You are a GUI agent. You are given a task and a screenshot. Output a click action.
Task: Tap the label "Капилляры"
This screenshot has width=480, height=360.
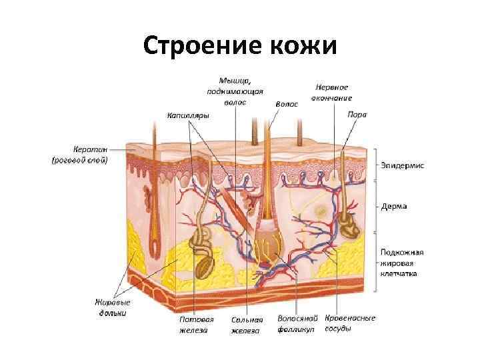(188, 115)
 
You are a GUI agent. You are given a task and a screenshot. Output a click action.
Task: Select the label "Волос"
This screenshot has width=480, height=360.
(287, 105)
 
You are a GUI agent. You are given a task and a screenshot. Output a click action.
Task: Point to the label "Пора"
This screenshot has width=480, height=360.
(357, 114)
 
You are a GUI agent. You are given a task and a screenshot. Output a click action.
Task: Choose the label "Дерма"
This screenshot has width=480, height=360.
(395, 206)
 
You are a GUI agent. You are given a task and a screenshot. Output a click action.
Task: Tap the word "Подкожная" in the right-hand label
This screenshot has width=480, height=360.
(403, 252)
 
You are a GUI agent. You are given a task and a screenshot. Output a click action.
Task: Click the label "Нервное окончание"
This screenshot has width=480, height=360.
(331, 92)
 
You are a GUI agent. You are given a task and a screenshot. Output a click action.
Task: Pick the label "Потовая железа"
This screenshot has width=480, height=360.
(195, 324)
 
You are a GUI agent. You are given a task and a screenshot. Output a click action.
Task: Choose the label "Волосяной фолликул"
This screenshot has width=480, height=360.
(297, 324)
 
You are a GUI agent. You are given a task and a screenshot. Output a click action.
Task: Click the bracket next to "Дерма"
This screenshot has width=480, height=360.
(376, 206)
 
